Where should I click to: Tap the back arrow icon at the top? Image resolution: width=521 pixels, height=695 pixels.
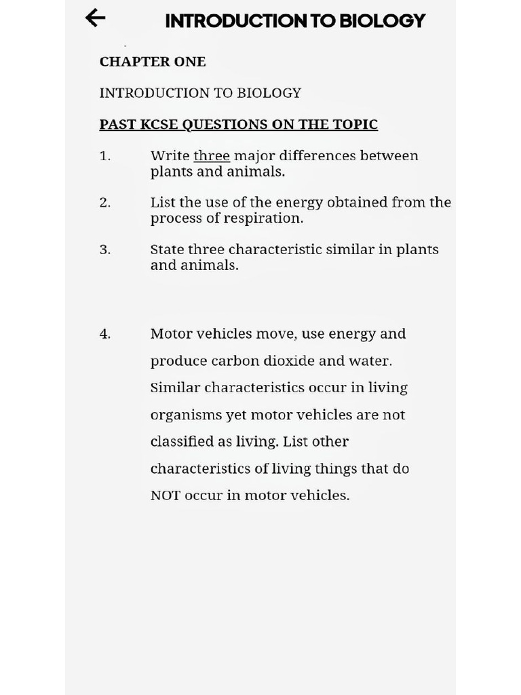click(x=96, y=18)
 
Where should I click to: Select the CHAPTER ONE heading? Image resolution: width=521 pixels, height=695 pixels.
click(x=153, y=61)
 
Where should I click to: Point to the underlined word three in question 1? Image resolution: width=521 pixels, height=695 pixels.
click(x=212, y=155)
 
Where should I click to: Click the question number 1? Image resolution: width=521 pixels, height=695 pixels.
click(x=104, y=156)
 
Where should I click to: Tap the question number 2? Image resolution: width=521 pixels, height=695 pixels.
click(x=104, y=202)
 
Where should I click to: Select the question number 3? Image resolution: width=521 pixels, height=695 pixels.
click(x=104, y=250)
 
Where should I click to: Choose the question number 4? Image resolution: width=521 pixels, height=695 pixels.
click(x=104, y=334)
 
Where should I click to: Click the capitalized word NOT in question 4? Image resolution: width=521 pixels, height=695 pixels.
click(x=166, y=495)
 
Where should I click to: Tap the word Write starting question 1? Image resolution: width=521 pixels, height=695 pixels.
click(x=170, y=155)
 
